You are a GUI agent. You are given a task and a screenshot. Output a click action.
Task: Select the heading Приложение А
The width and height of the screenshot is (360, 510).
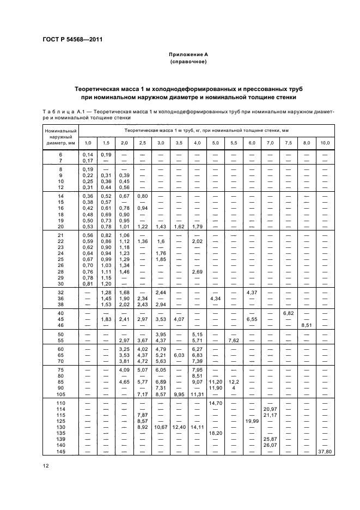click(188, 55)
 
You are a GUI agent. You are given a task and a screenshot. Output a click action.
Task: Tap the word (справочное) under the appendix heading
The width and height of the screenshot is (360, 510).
click(188, 62)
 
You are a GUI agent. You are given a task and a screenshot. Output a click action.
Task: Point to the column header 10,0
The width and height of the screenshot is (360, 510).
click(325, 143)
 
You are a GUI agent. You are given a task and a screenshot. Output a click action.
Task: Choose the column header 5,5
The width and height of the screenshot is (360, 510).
click(234, 143)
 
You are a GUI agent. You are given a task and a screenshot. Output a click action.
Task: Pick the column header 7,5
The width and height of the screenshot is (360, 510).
click(288, 143)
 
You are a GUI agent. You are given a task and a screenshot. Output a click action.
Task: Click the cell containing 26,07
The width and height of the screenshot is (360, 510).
click(270, 445)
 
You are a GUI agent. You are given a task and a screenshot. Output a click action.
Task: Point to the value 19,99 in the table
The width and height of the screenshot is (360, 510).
click(252, 421)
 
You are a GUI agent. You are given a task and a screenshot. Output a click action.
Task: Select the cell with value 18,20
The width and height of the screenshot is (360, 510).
click(215, 433)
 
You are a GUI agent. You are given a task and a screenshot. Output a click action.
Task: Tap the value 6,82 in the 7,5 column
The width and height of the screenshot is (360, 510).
click(288, 313)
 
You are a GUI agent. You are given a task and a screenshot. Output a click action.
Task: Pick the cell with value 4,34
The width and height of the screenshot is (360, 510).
click(215, 298)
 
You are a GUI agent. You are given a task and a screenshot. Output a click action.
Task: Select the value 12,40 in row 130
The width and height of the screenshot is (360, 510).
click(179, 427)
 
